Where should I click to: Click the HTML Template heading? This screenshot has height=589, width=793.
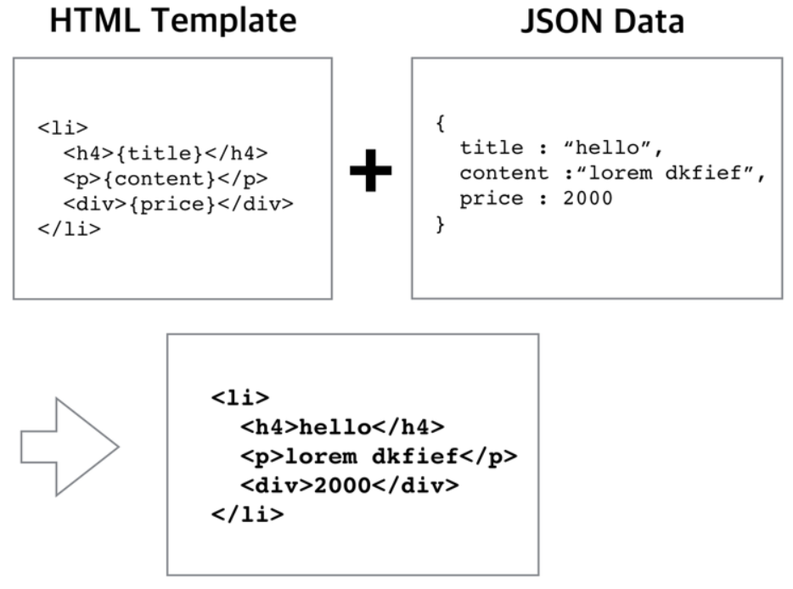point(173,22)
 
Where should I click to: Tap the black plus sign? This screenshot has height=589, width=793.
point(371,171)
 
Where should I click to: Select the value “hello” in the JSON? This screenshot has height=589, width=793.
point(613,148)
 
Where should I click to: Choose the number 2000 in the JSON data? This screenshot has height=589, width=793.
point(588,199)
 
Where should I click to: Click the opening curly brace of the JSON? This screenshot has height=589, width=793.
point(440,123)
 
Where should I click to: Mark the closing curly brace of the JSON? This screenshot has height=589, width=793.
point(440,224)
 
